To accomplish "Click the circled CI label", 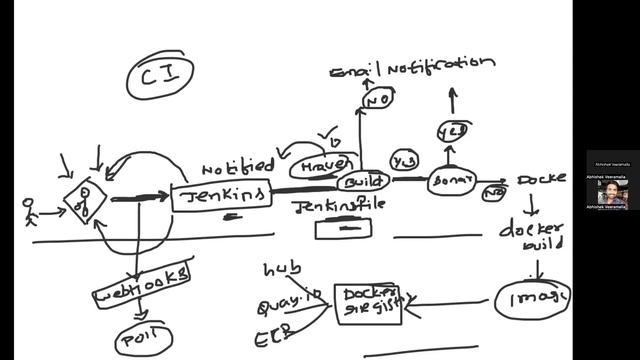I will click(x=161, y=76).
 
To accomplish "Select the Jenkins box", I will click(x=221, y=195).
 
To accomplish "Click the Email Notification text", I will click(x=412, y=66).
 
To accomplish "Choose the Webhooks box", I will click(x=142, y=285).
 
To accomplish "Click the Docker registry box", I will click(x=367, y=304).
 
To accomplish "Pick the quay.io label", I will click(x=289, y=301).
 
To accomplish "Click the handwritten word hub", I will click(x=281, y=270).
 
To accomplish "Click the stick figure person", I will click(x=30, y=209).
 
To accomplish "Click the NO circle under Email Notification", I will click(x=378, y=100).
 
